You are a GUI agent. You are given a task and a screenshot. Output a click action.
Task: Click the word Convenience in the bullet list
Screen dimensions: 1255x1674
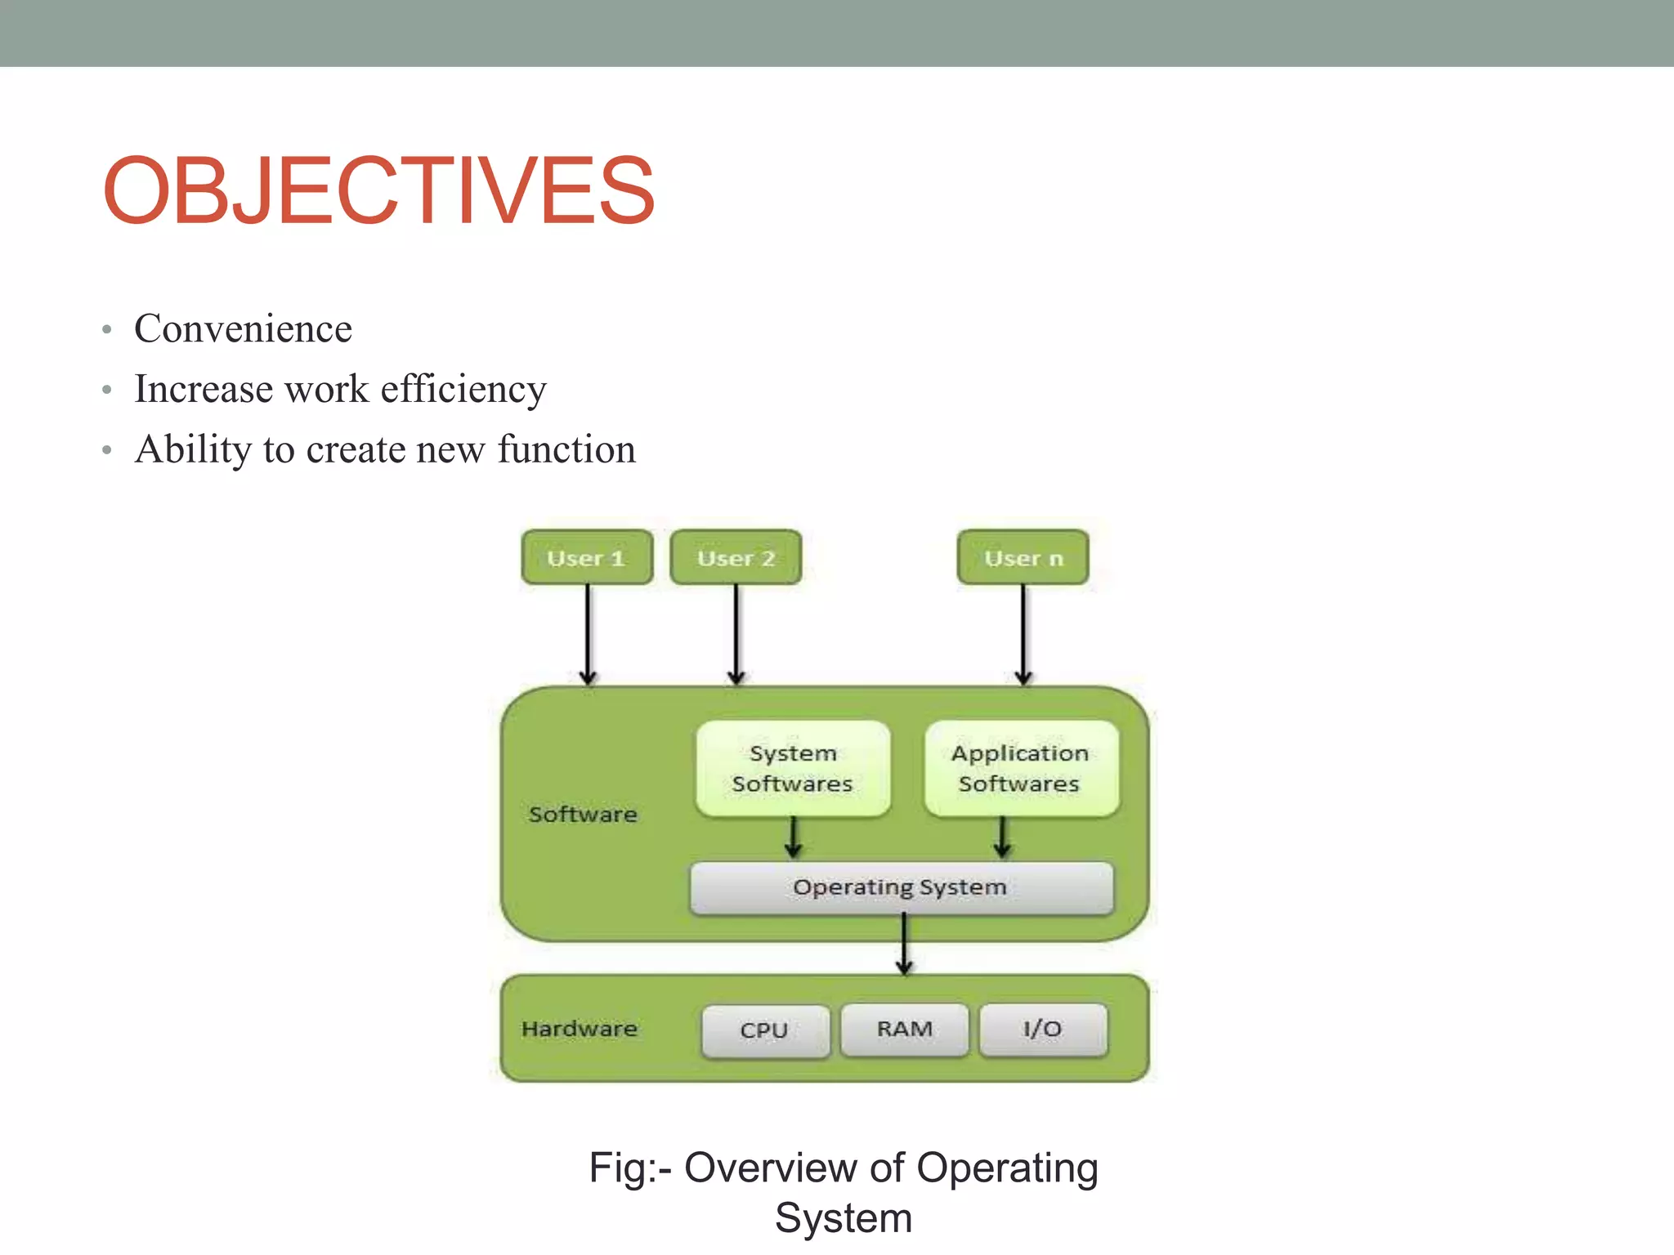coord(243,328)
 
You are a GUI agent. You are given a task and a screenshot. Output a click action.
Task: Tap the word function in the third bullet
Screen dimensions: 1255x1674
coord(566,449)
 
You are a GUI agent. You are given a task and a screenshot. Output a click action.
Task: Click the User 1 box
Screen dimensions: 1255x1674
coord(587,558)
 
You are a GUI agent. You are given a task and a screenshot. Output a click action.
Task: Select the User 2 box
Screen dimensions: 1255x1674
coord(736,558)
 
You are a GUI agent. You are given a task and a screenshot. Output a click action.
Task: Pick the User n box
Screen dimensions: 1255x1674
coord(1023,558)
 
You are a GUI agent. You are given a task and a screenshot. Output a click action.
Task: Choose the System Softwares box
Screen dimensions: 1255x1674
coord(793,768)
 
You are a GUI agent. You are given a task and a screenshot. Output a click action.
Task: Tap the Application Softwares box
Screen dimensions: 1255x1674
coord(1020,768)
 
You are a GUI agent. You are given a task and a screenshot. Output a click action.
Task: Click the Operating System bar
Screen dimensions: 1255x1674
coord(901,887)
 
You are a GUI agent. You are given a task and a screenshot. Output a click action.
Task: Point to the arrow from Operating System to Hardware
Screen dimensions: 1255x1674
coord(904,945)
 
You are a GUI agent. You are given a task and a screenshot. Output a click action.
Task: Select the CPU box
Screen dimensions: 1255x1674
coord(765,1030)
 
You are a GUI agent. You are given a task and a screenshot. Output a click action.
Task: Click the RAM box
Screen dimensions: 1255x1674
coord(905,1029)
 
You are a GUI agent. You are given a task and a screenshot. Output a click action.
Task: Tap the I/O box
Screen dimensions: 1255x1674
coord(1043,1029)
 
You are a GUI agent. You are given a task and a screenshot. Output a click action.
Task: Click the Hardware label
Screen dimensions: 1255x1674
coord(580,1029)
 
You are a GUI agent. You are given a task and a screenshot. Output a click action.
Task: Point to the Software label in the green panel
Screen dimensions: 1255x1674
coord(583,814)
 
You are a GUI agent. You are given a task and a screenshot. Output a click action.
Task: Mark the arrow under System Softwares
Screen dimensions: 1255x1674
coord(793,838)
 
